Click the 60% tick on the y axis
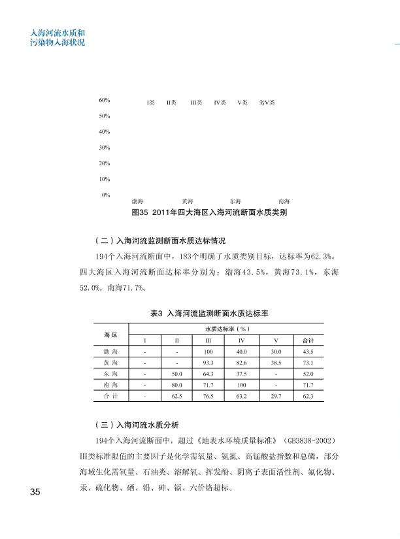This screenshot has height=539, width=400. point(104,101)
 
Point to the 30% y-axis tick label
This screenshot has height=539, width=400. point(104,148)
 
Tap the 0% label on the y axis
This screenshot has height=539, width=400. point(105,195)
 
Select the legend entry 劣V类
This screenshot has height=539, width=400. point(266,103)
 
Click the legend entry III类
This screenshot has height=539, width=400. point(195,103)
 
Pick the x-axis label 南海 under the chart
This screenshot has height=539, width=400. point(284,201)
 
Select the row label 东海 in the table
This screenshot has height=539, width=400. point(110,374)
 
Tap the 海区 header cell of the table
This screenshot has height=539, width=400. point(110,335)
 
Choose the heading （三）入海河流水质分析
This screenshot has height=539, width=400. point(142,424)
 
